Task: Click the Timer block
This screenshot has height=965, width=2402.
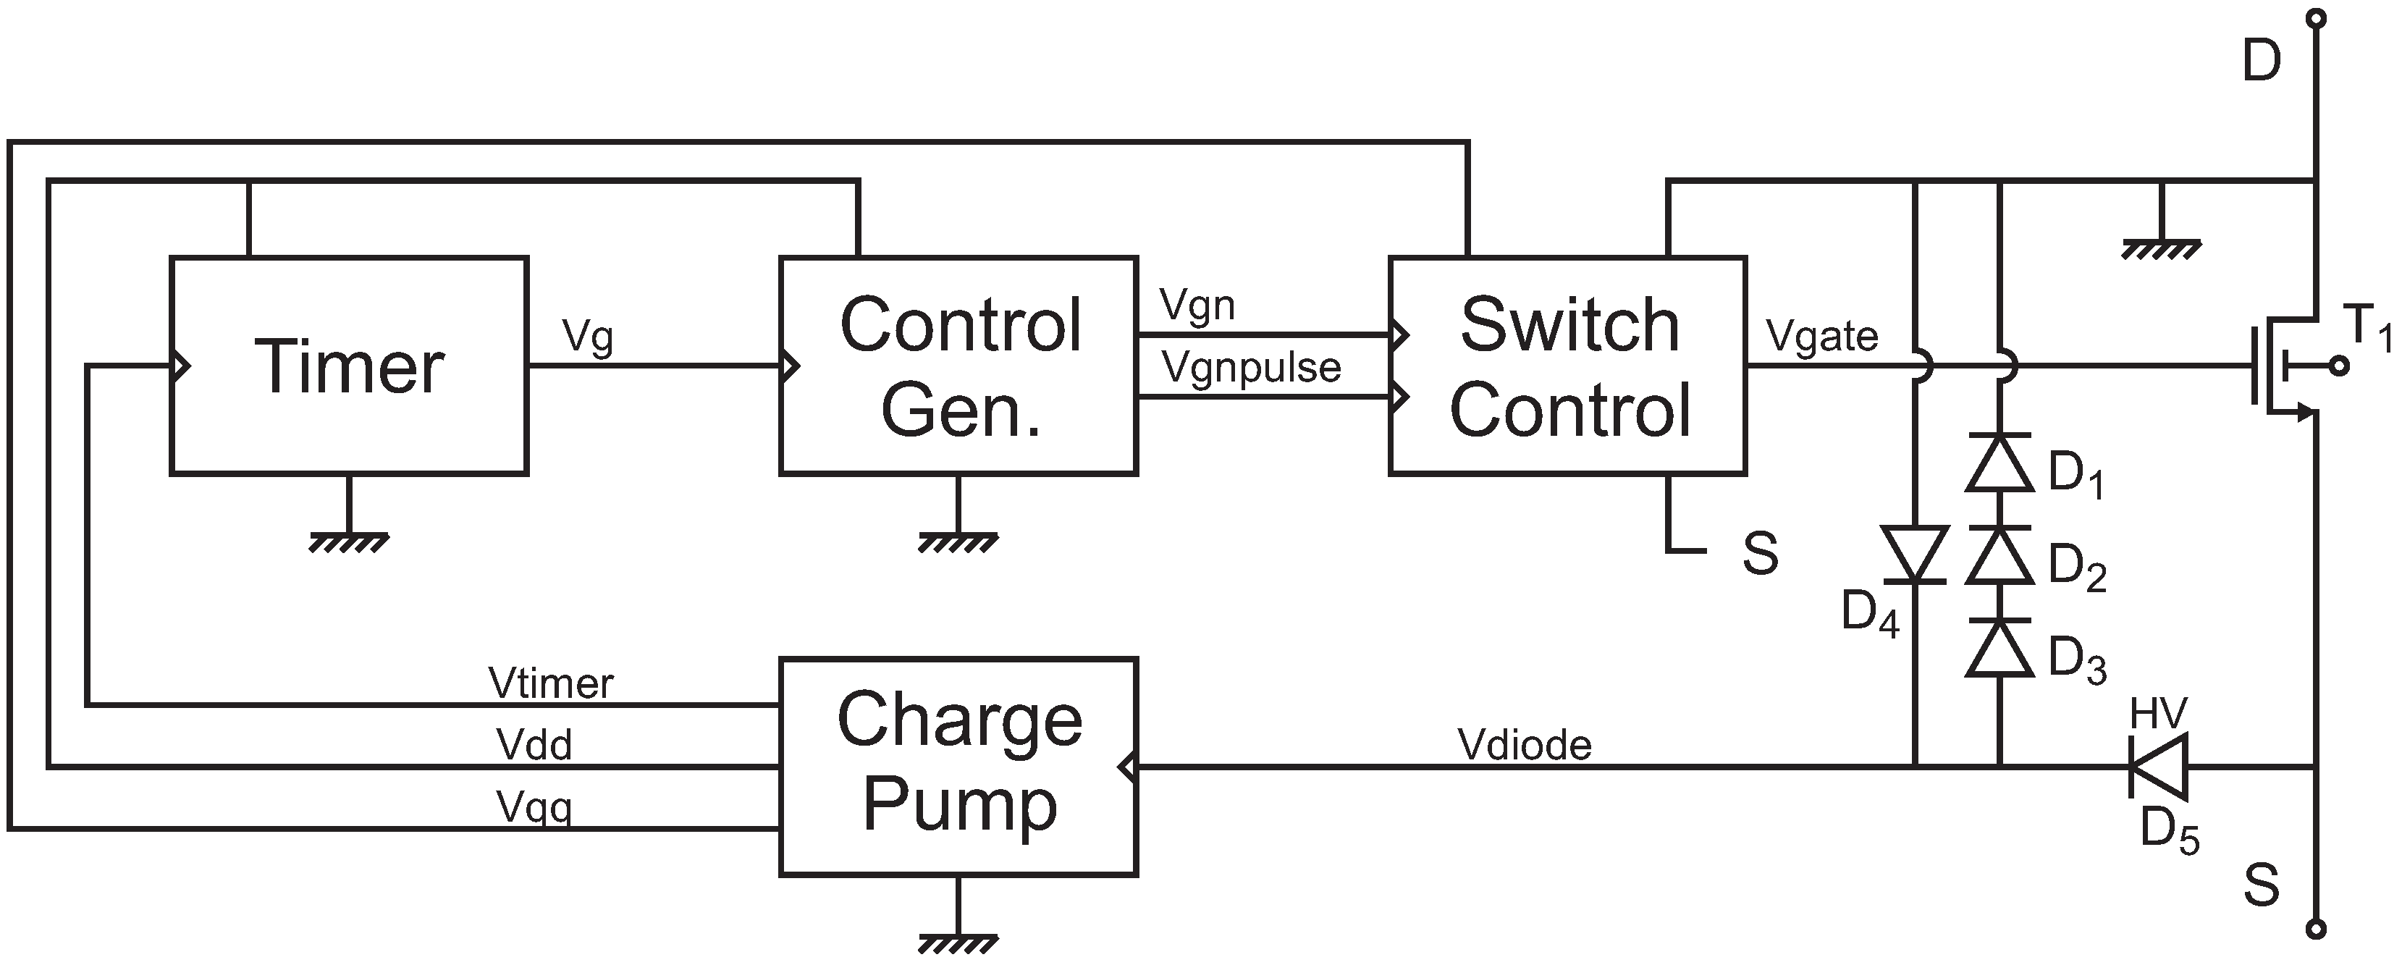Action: coord(349,366)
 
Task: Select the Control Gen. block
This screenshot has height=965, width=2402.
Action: coord(958,366)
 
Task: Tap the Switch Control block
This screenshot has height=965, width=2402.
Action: coord(1567,366)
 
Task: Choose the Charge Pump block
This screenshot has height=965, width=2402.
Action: coord(958,767)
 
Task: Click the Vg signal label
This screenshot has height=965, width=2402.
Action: coord(587,337)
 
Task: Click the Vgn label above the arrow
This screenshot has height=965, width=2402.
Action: coord(1197,305)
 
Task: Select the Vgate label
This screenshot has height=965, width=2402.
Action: coord(1822,337)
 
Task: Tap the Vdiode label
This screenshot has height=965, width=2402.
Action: coord(1525,745)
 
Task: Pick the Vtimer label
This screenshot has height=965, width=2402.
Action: coord(550,683)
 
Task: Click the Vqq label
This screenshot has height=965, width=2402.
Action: coord(534,807)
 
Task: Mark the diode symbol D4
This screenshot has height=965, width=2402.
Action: coord(1914,554)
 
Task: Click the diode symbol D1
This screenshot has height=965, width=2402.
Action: coord(1999,463)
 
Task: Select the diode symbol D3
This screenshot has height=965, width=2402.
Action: coord(1999,647)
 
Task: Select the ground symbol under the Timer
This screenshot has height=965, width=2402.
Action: coord(349,541)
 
